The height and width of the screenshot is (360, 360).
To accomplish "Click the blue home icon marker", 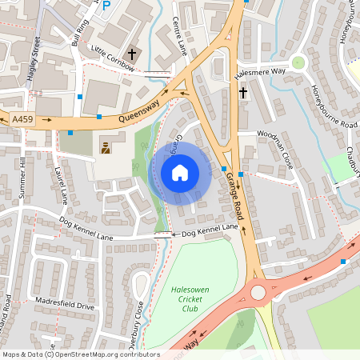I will tap(180, 173).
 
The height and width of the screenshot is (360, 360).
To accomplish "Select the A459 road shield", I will tap(23, 119).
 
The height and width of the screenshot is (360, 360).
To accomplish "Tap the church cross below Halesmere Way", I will tap(243, 92).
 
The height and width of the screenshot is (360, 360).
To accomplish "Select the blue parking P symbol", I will tap(106, 4).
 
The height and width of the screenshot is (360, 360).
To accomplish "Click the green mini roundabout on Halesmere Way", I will tap(298, 62).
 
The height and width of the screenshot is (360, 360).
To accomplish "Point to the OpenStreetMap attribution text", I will tap(80, 354).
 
